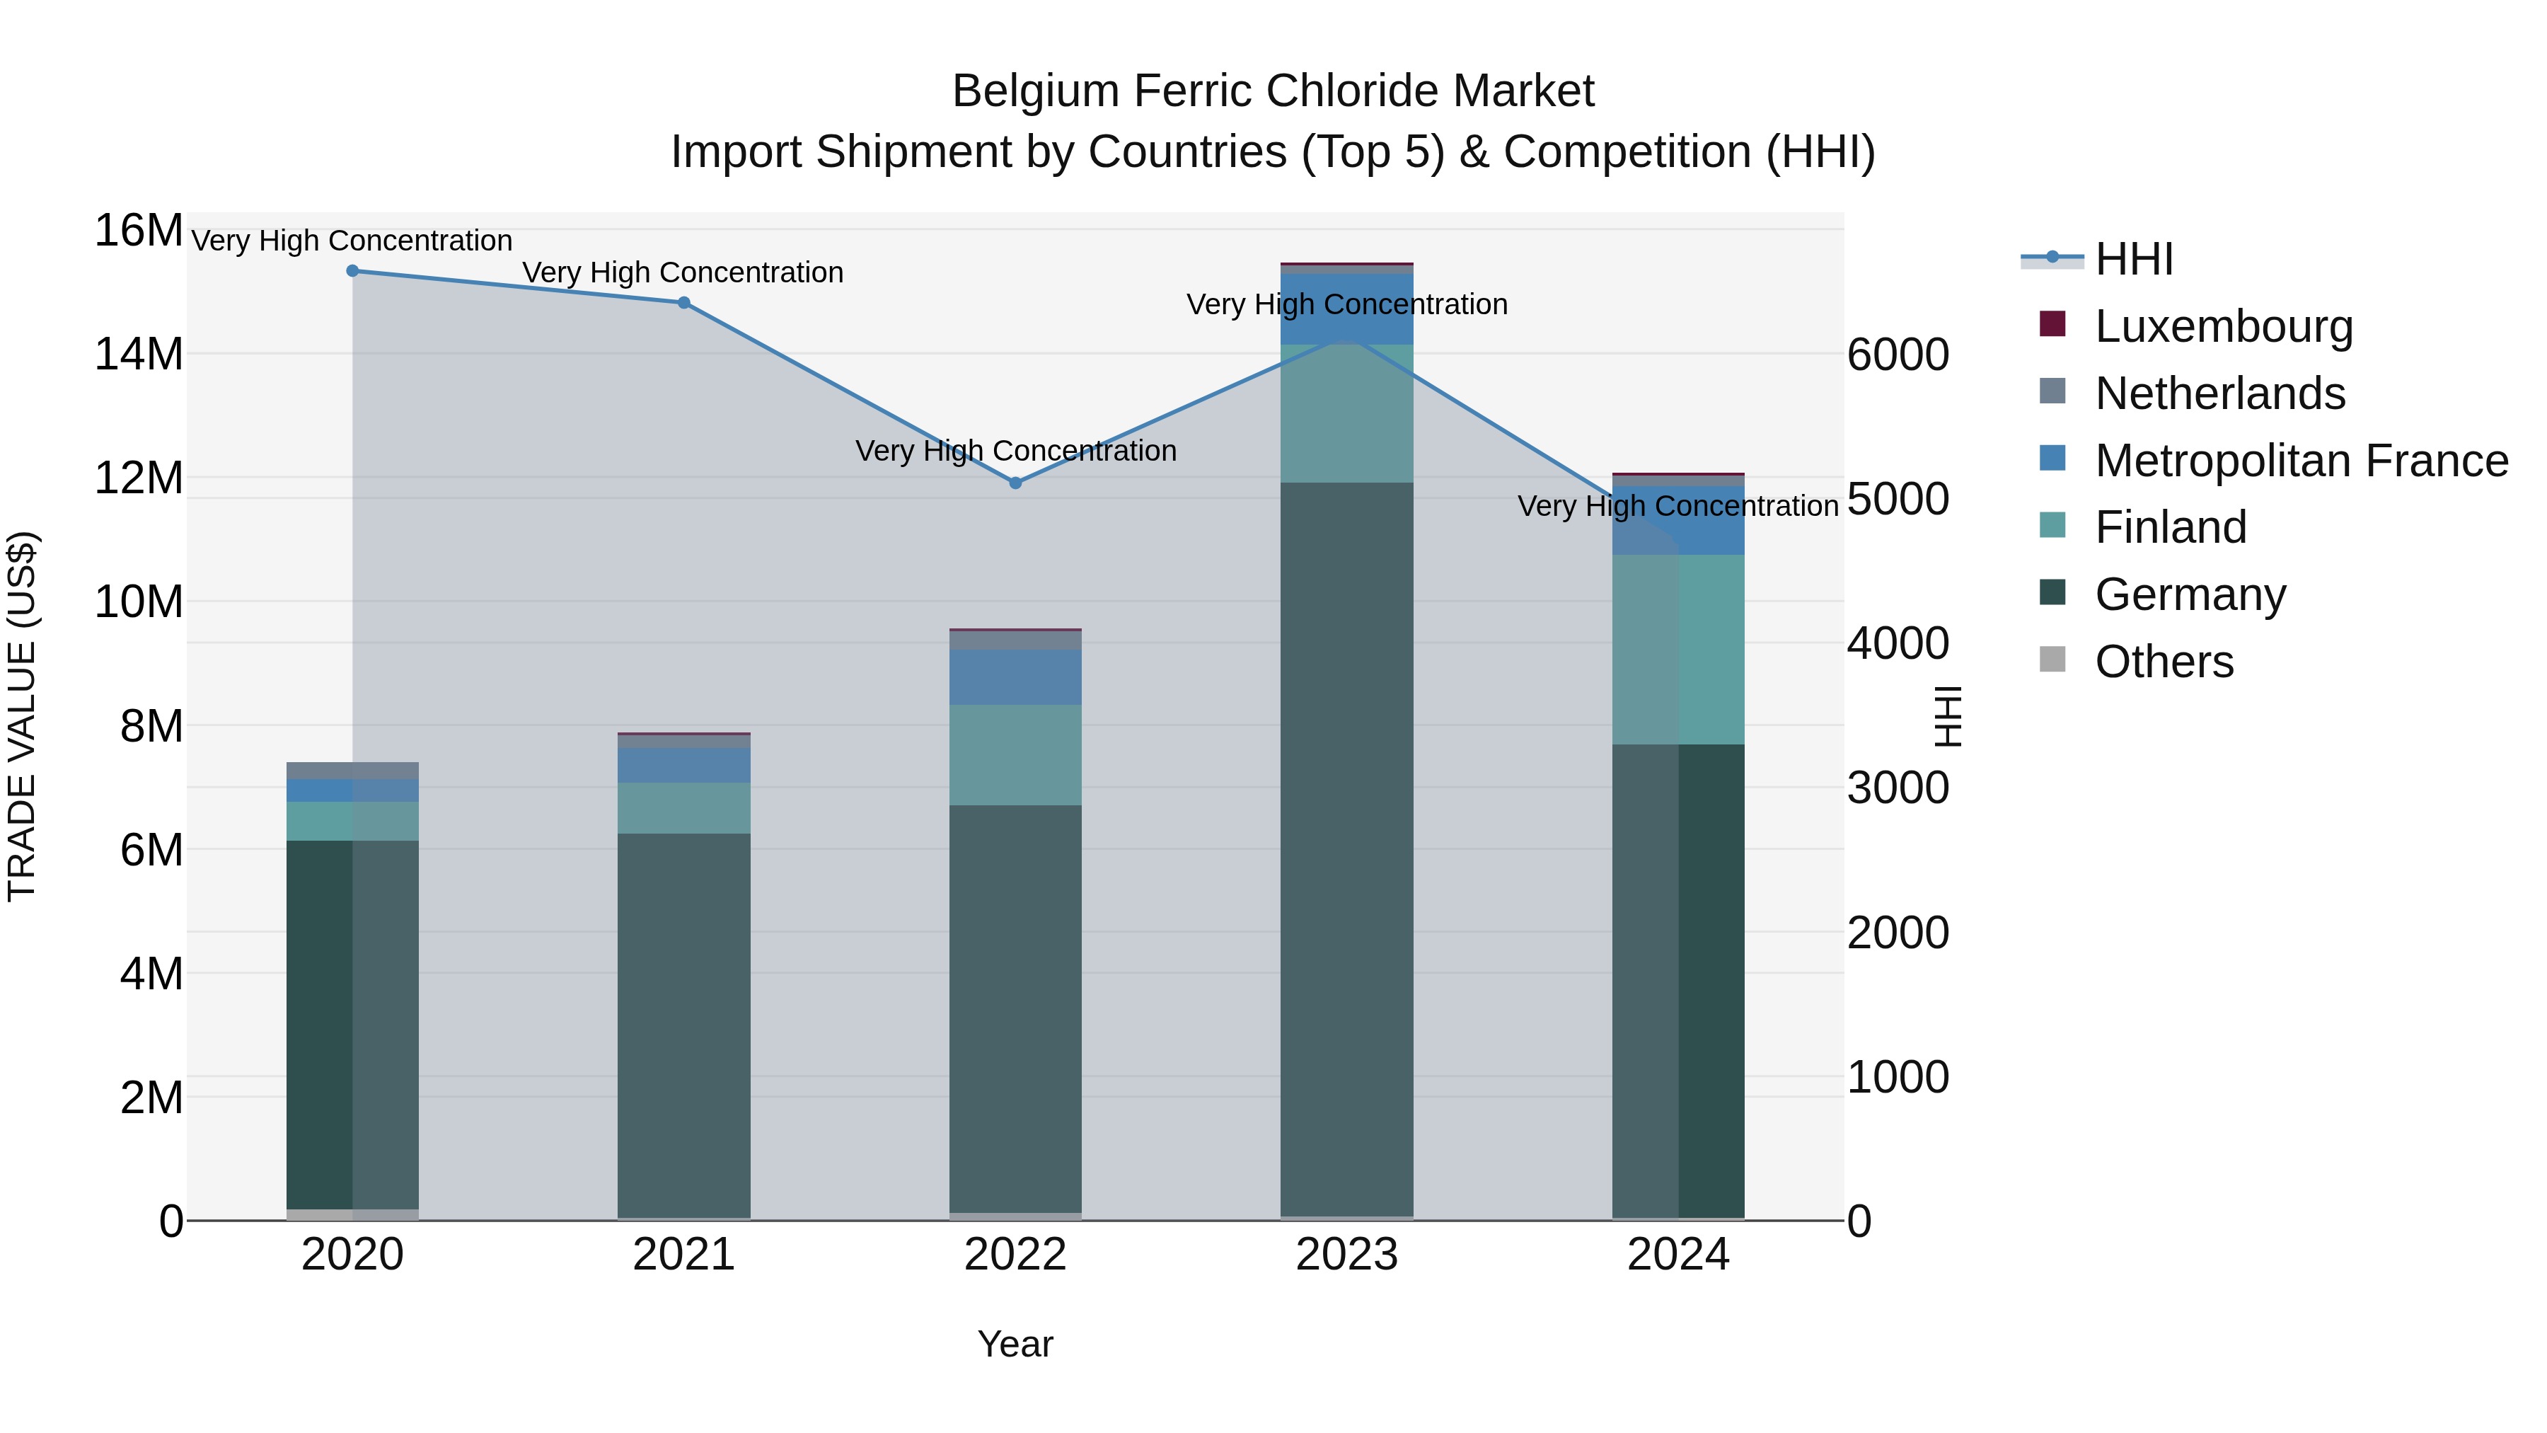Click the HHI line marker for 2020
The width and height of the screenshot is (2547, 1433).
pos(353,271)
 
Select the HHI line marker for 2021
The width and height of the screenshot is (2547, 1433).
pos(684,303)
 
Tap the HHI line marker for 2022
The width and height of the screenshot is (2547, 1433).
pos(1015,483)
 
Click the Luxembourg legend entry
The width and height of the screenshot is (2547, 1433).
pos(2223,326)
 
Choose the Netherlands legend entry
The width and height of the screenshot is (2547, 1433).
pos(2219,393)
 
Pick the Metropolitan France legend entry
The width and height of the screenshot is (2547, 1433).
pos(2300,461)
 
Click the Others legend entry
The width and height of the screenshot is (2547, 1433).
pos(2164,662)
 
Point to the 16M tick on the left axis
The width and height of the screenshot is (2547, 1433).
pos(139,231)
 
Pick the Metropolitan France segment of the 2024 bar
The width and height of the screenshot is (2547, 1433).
pos(1679,520)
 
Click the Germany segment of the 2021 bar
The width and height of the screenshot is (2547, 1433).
pos(684,1025)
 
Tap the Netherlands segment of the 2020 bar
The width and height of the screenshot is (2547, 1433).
pos(353,771)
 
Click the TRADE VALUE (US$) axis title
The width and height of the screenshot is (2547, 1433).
pos(22,716)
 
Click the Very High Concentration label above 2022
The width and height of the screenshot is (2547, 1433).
pos(1015,451)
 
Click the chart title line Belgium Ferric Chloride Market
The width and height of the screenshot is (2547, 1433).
pos(1273,91)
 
